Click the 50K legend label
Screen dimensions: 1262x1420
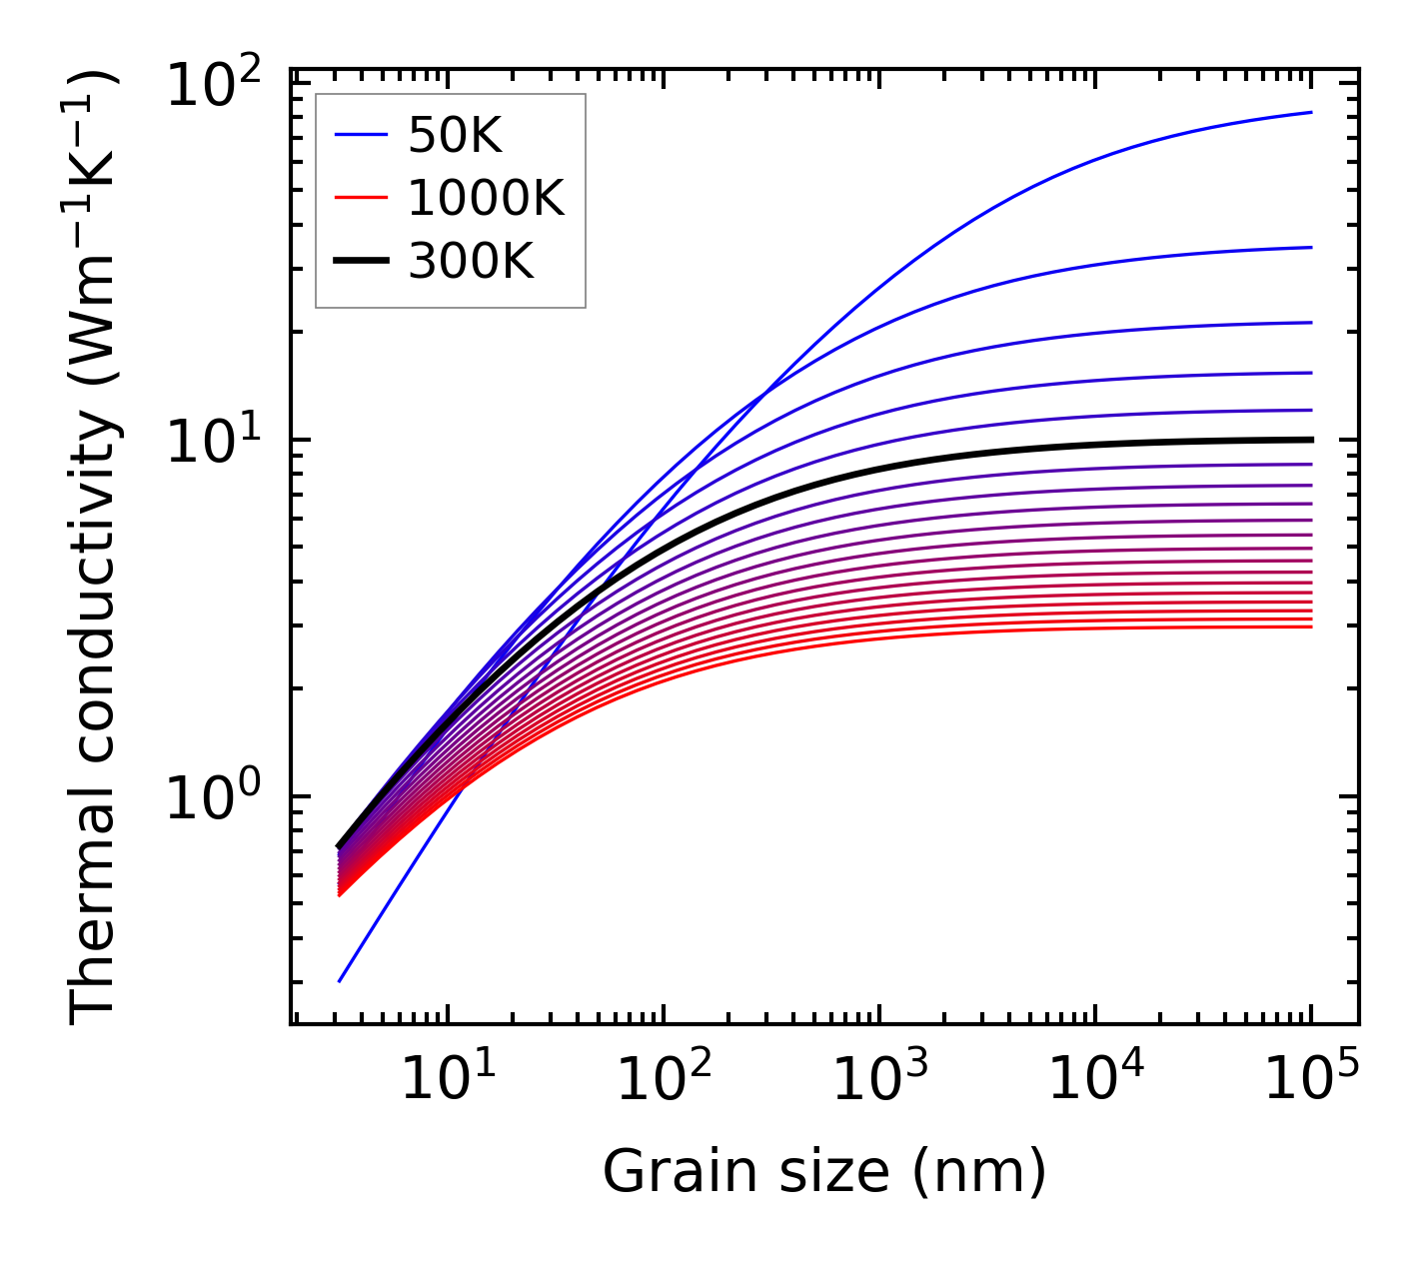click(455, 136)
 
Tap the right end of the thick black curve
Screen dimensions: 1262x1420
click(1310, 440)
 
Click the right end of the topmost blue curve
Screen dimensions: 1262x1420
click(1310, 112)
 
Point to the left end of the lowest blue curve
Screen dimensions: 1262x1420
click(340, 981)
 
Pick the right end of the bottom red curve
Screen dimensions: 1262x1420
click(1310, 627)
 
